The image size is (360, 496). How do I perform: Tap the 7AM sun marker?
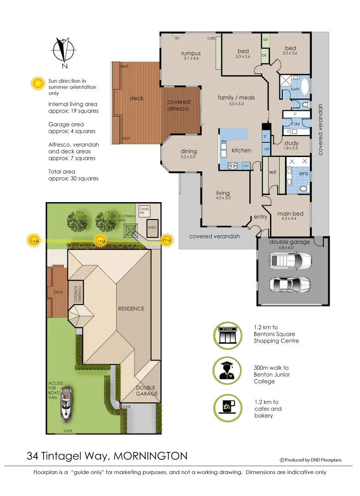click(x=34, y=240)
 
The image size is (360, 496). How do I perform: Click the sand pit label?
click(x=145, y=210)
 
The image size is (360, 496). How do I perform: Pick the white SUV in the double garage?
click(x=291, y=261)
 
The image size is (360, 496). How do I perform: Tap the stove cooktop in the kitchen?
click(x=232, y=165)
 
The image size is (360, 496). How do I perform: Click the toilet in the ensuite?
click(x=303, y=188)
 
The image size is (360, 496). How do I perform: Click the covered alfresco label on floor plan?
click(x=179, y=105)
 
